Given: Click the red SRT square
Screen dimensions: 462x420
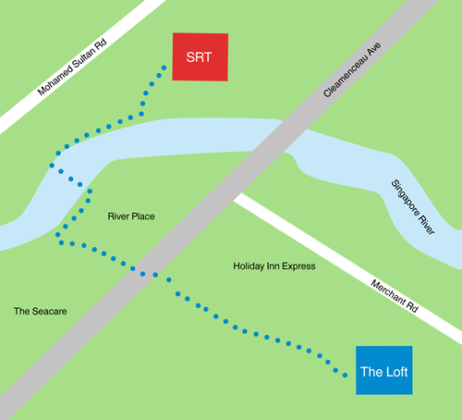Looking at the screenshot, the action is pos(201,57).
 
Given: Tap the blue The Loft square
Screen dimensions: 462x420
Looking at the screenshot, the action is pos(384,370).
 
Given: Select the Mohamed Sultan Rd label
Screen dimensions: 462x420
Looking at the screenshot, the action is pos(72,67).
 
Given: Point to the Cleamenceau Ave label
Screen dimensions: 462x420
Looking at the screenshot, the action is pos(352,70).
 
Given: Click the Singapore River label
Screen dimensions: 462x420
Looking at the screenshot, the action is pos(413,207).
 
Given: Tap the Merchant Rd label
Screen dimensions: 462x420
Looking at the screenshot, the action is pos(395,296).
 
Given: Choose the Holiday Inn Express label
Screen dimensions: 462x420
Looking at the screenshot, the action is pos(274,266).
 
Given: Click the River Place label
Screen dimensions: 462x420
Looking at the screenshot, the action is pos(131,216).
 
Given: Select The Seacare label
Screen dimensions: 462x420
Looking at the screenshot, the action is pos(40,311).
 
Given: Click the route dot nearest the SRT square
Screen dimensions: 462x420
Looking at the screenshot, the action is pos(164,68).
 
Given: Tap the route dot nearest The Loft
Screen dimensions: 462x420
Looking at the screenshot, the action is pos(346,376).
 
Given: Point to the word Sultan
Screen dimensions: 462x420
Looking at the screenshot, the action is pos(84,57).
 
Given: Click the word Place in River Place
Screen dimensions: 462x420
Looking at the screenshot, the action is pos(143,216).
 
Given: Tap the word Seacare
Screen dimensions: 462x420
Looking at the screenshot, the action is pos(49,311).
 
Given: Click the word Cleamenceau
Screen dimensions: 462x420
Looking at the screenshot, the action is pos(345,77).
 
